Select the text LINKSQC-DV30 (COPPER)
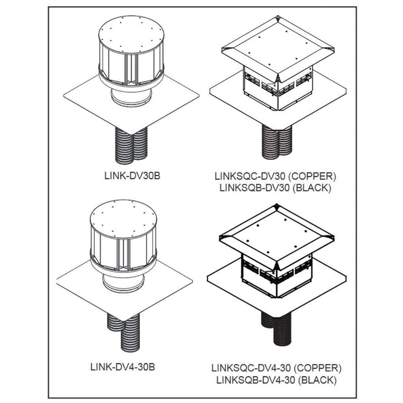point(275,177)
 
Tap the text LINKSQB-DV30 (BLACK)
point(275,188)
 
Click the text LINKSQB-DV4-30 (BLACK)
point(276,380)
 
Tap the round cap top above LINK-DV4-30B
point(123,222)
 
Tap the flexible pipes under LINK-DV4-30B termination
point(123,326)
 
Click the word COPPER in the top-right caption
point(316,177)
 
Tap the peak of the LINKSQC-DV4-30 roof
point(277,206)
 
